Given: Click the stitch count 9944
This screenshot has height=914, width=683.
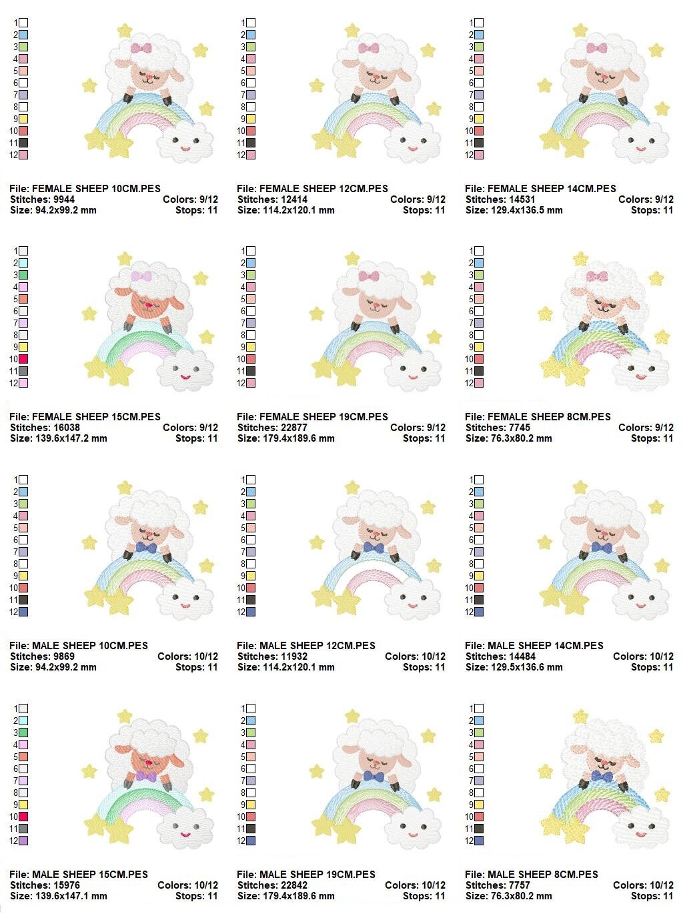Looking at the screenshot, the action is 64,199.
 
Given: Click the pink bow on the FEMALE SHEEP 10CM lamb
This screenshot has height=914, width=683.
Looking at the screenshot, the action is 141,48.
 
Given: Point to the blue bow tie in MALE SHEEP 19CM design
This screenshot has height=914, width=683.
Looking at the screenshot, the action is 374,775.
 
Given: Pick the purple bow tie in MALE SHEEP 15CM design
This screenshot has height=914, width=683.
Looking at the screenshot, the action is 146,776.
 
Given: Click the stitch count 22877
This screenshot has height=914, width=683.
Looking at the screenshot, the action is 293,427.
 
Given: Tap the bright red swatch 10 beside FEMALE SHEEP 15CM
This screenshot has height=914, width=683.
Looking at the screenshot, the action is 23,359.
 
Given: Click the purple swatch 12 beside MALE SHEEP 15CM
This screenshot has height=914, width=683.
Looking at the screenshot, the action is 23,841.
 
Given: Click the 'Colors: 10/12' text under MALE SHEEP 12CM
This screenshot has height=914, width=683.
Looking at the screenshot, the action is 415,656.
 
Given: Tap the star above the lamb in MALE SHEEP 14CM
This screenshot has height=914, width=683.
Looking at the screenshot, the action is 580,486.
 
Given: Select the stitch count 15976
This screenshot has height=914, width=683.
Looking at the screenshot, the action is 66,885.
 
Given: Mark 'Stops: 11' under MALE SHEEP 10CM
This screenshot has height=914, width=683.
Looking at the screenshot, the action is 197,667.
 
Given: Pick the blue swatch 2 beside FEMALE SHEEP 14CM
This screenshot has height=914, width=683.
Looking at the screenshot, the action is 479,35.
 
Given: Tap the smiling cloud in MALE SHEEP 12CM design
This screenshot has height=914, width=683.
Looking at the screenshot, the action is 412,599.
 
